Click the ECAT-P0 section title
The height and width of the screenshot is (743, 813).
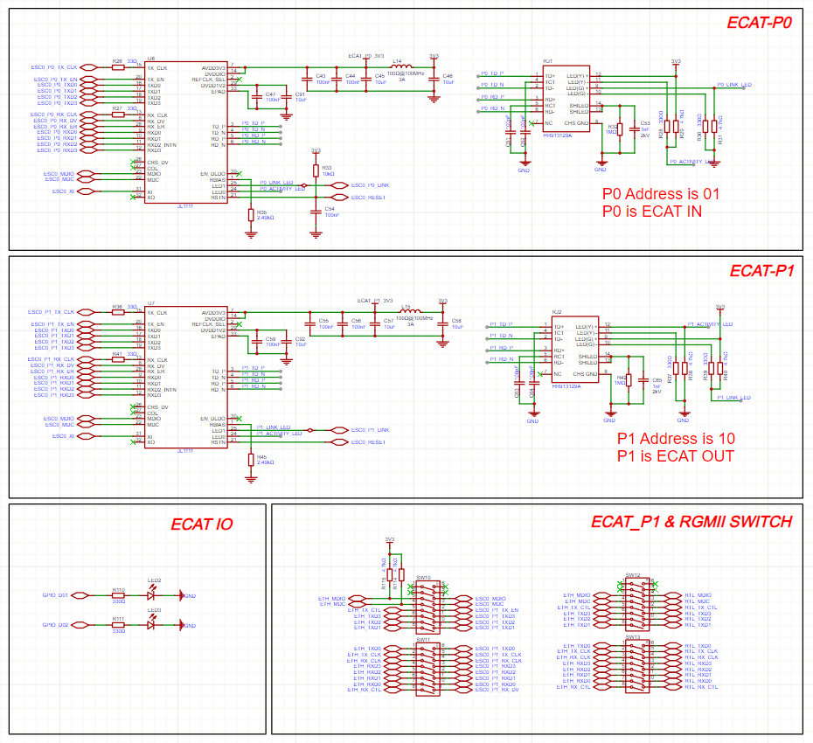[759, 23]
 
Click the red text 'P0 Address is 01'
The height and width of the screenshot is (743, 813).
[660, 194]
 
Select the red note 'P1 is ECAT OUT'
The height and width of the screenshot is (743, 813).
[675, 455]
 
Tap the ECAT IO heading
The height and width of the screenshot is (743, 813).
[201, 524]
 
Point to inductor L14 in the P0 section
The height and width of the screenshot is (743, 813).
[399, 68]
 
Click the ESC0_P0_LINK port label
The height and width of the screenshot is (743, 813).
[371, 185]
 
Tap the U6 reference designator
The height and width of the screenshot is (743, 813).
[151, 58]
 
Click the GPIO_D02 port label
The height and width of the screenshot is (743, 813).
[56, 625]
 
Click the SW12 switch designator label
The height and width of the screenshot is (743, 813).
[633, 575]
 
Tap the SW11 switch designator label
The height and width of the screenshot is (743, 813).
[423, 641]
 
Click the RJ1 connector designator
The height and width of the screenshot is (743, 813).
[548, 60]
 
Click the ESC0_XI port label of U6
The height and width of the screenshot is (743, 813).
[61, 191]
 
